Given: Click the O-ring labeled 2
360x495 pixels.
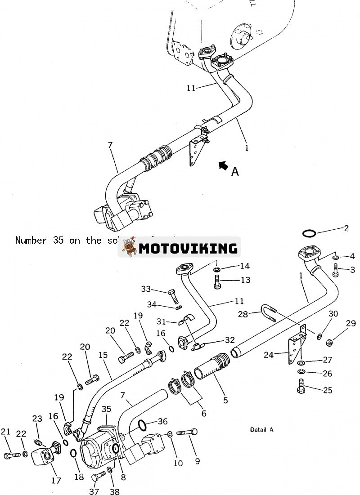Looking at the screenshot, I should click(309, 233).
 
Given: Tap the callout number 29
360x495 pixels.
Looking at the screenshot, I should click(351, 323).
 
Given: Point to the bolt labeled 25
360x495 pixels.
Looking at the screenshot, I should click(301, 386).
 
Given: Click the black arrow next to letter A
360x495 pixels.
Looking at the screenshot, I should click(222, 165).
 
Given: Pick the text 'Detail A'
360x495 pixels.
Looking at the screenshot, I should click(261, 430).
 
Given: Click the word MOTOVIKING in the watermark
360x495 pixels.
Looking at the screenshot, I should click(188, 248).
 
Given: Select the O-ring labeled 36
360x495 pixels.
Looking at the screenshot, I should click(141, 424).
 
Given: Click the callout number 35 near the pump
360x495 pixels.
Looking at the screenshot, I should click(106, 409).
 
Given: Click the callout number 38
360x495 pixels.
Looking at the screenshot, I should click(115, 491).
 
